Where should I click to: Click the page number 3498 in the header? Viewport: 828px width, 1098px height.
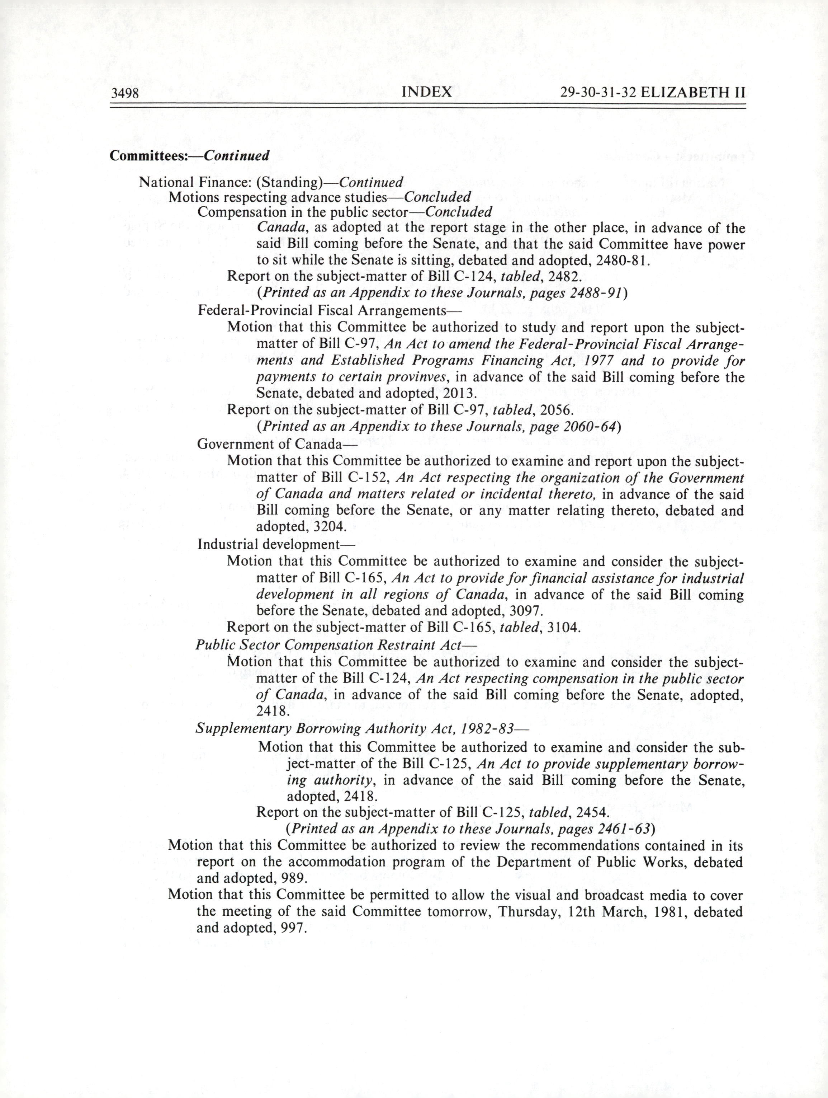(124, 93)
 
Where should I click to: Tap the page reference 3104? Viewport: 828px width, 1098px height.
(563, 628)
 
